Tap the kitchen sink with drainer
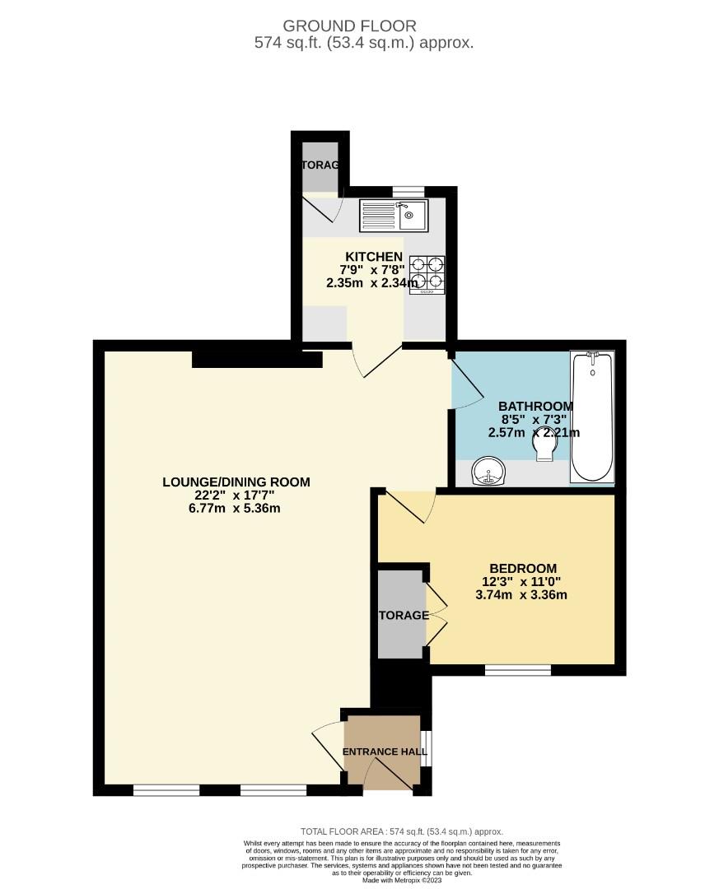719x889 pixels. pyautogui.click(x=392, y=216)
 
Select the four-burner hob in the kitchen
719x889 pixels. pyautogui.click(x=428, y=274)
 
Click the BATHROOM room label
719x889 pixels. pyautogui.click(x=535, y=407)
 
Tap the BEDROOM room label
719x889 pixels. pyautogui.click(x=523, y=568)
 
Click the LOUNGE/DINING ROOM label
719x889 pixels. pyautogui.click(x=236, y=482)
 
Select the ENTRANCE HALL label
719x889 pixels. pyautogui.click(x=385, y=752)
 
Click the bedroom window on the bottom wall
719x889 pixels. pyautogui.click(x=517, y=670)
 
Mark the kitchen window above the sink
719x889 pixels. pyautogui.click(x=404, y=192)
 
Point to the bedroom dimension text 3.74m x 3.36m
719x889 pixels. pyautogui.click(x=523, y=595)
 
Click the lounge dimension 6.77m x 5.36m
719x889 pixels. pyautogui.click(x=236, y=509)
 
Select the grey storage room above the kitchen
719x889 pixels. pyautogui.click(x=320, y=165)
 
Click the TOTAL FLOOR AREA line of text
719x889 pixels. pyautogui.click(x=402, y=832)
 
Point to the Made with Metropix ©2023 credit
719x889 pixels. pyautogui.click(x=402, y=880)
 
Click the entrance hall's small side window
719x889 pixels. pyautogui.click(x=425, y=747)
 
